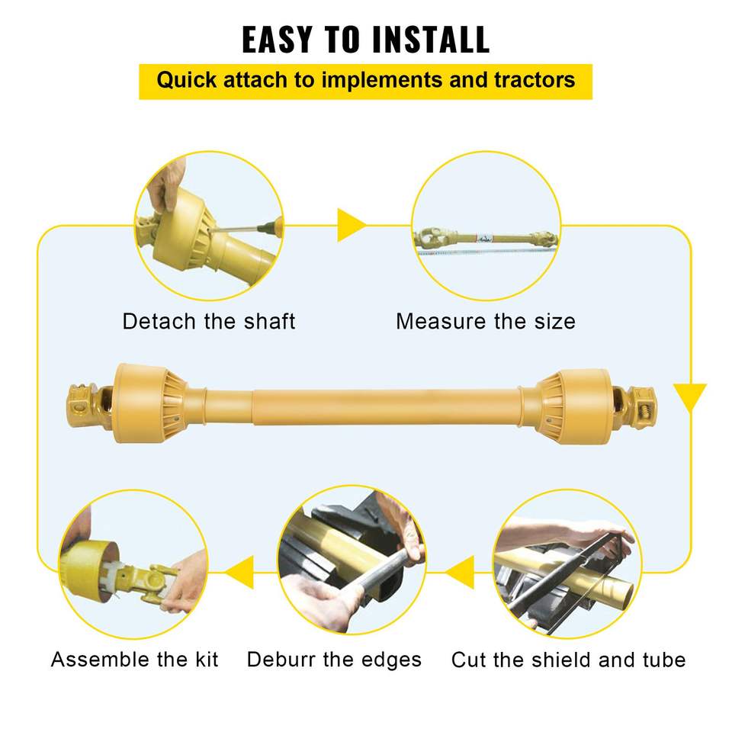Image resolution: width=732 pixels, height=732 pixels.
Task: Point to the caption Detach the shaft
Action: [x=209, y=321]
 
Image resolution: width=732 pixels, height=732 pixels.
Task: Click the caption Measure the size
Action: [x=486, y=321]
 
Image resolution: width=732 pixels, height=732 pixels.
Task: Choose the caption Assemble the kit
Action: [x=134, y=659]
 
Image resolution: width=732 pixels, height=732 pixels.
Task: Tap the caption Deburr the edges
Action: [x=334, y=660]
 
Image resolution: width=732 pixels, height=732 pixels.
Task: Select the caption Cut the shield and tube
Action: [x=568, y=660]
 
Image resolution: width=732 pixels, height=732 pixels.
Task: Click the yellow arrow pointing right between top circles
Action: [x=351, y=225]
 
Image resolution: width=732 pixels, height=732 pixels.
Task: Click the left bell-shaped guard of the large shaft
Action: [x=150, y=403]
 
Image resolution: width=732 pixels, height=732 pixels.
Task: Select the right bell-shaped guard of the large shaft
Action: [x=573, y=406]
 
